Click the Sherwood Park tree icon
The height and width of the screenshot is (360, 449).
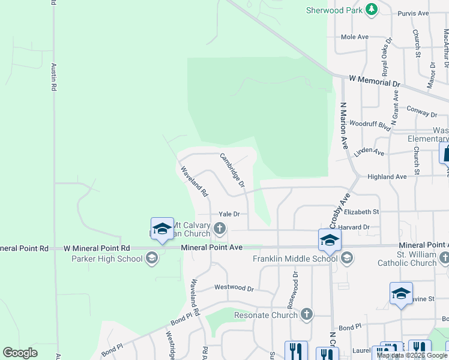pyautogui.click(x=372, y=10)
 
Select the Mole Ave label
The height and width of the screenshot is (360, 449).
pyautogui.click(x=354, y=37)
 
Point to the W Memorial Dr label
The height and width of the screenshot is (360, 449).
pyautogui.click(x=374, y=82)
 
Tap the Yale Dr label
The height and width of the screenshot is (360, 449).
pyautogui.click(x=229, y=214)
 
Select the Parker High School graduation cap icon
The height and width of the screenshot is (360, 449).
pyautogui.click(x=152, y=259)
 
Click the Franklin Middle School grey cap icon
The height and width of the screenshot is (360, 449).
pyautogui.click(x=346, y=259)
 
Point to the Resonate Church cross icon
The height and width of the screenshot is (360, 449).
pyautogui.click(x=307, y=314)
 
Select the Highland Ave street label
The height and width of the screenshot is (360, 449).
pyautogui.click(x=387, y=176)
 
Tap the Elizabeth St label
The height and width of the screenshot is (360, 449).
pyautogui.click(x=362, y=212)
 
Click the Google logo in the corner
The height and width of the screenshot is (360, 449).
pyautogui.click(x=20, y=353)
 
